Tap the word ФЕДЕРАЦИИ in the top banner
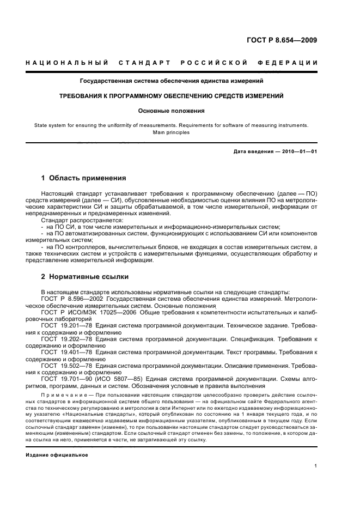(289, 63)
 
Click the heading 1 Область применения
(84, 178)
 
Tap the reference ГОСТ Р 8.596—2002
(72, 299)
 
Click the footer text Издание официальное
(57, 454)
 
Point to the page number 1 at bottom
(315, 466)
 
